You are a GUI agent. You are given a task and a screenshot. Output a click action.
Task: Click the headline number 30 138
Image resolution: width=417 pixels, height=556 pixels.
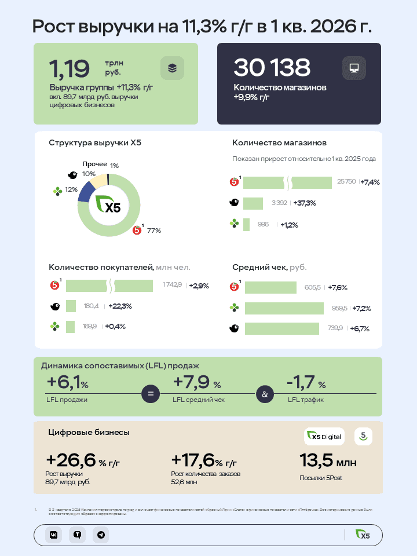tap(272, 68)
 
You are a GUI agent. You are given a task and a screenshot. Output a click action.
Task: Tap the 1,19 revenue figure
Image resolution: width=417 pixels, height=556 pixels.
tap(69, 69)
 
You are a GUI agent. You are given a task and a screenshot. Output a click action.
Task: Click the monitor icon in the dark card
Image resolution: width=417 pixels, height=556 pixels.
tap(353, 68)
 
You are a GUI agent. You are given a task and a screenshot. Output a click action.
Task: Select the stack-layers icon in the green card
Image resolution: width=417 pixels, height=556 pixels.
tap(172, 68)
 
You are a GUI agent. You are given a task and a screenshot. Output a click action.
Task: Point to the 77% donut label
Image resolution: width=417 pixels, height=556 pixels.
tap(153, 231)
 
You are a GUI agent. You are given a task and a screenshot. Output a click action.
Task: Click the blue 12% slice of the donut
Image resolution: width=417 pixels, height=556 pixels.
tap(86, 192)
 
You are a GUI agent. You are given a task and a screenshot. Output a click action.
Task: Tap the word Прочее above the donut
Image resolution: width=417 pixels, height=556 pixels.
tap(94, 164)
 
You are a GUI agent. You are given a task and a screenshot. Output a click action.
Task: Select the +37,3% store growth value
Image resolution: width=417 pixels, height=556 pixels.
tap(305, 203)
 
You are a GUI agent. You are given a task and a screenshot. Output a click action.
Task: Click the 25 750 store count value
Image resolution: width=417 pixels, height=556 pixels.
tap(346, 182)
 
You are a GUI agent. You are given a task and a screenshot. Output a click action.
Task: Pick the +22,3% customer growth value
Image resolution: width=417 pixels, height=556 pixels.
tap(120, 306)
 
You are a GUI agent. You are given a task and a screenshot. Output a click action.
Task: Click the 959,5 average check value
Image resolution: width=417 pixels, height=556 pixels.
tap(339, 308)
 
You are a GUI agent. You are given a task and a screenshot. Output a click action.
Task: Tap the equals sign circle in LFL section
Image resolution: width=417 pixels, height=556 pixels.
tap(150, 394)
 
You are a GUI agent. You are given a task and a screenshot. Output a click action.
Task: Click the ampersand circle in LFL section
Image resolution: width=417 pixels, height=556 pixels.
tap(265, 394)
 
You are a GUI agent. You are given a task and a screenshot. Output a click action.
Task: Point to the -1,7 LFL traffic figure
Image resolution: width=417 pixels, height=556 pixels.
tap(302, 383)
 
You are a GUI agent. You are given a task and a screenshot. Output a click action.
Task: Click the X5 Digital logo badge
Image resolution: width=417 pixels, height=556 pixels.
tap(324, 437)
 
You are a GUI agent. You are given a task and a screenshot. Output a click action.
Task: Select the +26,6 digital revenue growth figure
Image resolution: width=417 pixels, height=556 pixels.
tap(71, 460)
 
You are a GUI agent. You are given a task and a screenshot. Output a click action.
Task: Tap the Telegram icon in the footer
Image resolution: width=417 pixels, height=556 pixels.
tap(101, 535)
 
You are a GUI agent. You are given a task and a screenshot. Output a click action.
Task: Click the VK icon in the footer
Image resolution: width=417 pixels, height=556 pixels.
tap(53, 535)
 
